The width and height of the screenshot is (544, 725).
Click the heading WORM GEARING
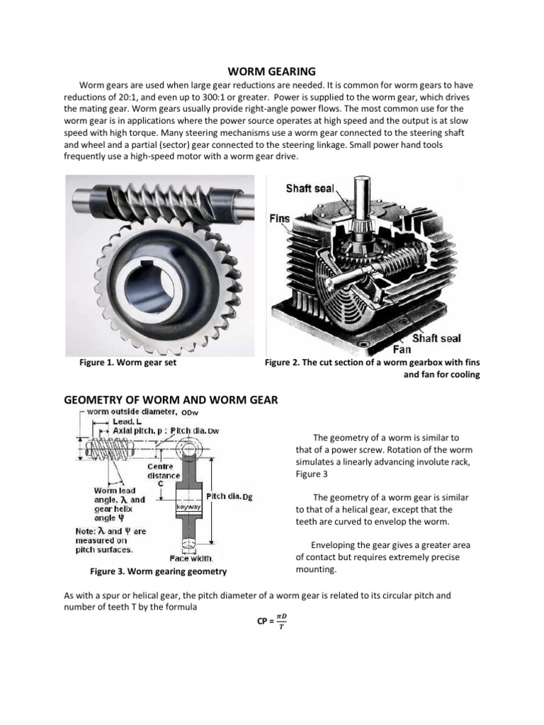(271, 71)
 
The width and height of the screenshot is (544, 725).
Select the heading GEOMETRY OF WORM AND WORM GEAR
(171, 400)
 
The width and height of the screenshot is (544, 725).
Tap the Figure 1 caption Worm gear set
(128, 363)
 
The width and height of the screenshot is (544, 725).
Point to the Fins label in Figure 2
(280, 219)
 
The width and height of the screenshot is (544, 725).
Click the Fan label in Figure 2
(402, 349)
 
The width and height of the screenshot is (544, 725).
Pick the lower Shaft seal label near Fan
(436, 338)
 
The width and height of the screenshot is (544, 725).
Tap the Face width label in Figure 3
(191, 558)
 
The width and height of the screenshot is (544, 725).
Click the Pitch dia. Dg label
(229, 496)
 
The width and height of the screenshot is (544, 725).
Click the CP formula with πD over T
(271, 622)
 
